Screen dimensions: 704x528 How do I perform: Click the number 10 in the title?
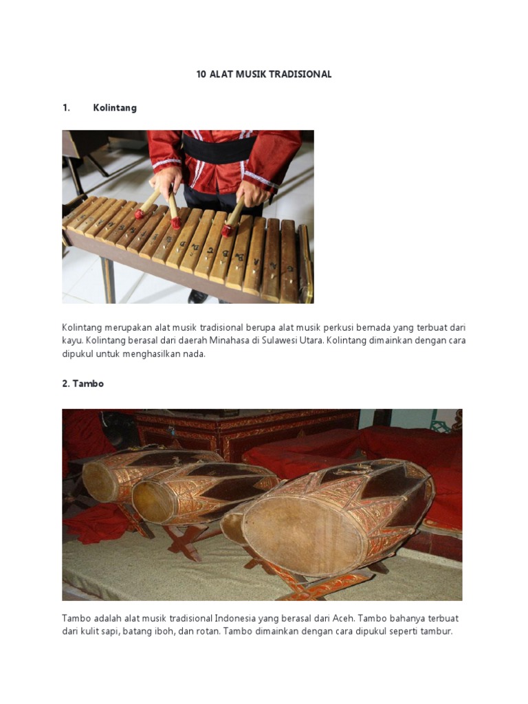201,74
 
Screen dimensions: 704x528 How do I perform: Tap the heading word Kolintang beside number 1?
115,108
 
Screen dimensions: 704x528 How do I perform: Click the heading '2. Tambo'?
82,384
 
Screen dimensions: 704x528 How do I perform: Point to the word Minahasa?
217,341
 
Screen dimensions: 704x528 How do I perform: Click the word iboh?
168,632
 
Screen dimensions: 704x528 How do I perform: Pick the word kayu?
72,341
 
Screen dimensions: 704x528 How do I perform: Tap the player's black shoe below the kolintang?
198,296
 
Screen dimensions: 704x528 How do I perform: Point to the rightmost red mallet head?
227,230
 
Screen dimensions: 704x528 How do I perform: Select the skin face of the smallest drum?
100,481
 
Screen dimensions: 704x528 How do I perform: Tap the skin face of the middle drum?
152,501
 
